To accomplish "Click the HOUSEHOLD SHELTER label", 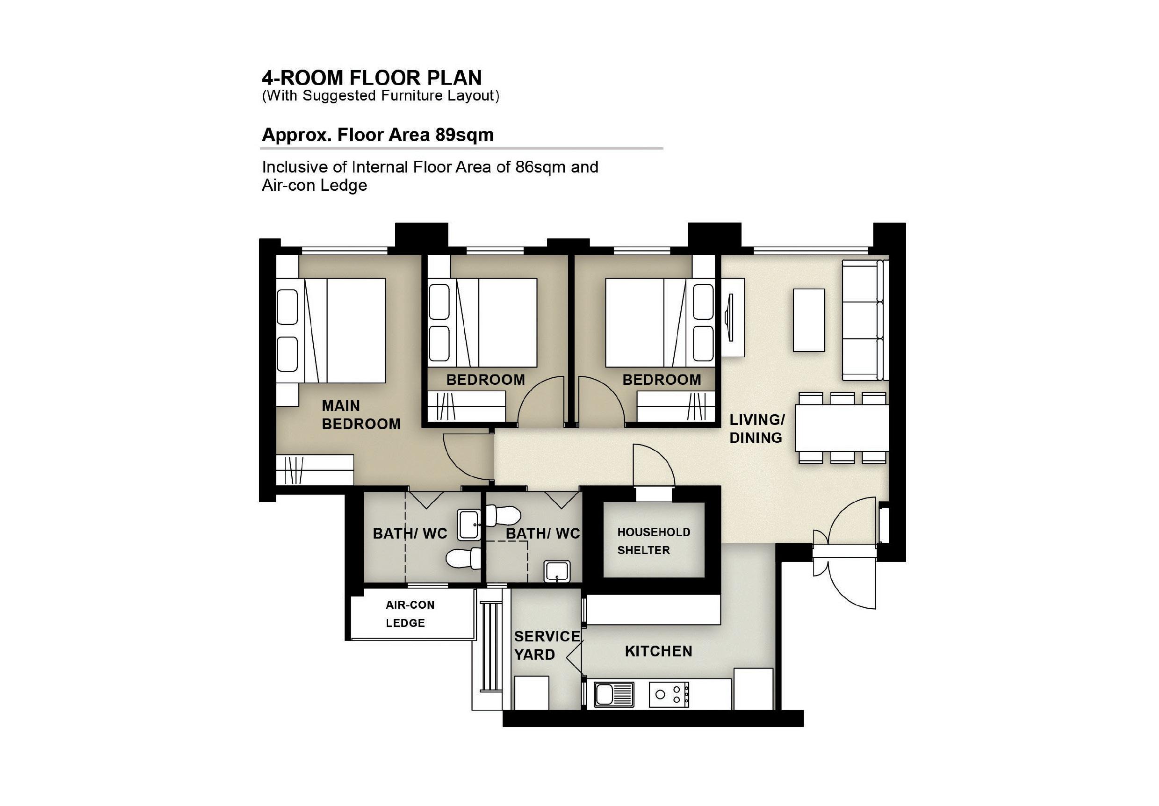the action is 654,541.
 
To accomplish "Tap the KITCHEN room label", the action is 658,652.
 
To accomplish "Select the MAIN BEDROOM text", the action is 361,415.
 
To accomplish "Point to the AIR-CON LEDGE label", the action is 410,614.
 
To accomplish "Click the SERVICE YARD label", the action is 547,646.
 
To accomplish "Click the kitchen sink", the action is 614,694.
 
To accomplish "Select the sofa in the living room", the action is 865,320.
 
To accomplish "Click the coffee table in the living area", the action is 809,320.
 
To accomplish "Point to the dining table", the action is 842,428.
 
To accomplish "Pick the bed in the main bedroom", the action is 331,331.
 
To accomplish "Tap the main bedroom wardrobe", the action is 315,470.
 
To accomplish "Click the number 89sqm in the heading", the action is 464,135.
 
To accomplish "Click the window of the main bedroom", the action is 344,250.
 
